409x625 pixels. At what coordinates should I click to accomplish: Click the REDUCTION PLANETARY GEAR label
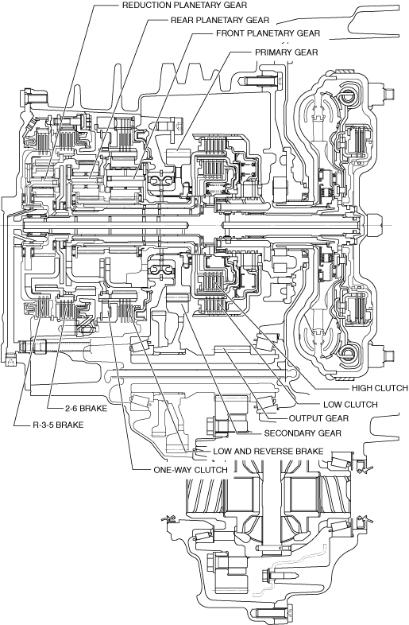click(184, 6)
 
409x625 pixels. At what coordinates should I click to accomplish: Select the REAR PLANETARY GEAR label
click(220, 20)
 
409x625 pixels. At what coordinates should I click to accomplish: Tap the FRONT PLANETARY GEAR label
click(268, 33)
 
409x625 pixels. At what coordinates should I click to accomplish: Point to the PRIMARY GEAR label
click(287, 52)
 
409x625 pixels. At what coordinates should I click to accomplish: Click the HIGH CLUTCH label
click(380, 388)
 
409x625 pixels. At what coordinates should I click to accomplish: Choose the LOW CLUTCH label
click(350, 405)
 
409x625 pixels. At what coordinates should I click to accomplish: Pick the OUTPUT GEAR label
click(318, 418)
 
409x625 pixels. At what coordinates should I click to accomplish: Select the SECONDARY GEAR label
click(303, 433)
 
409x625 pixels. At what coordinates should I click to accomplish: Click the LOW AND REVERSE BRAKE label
click(268, 451)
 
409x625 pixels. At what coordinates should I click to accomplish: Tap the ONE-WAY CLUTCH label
click(191, 470)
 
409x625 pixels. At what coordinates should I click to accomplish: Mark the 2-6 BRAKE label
click(86, 408)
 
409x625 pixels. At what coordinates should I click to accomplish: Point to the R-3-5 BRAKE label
click(58, 425)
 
